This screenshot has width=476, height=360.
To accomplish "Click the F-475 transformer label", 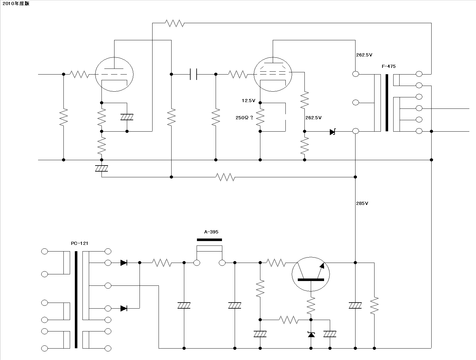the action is [x=388, y=66].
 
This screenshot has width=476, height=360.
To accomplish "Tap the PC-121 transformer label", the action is [x=80, y=243].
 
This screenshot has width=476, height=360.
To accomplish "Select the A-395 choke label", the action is [x=211, y=232].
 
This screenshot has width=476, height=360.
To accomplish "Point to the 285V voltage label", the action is [x=362, y=203].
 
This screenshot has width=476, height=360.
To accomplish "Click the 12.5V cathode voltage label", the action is [x=249, y=101].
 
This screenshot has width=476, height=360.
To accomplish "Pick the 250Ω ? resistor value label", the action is [x=245, y=118].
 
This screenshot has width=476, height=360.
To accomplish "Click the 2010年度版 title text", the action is [x=16, y=3].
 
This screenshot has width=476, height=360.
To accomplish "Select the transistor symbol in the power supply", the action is [x=311, y=274].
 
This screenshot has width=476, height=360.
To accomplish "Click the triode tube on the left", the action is [x=114, y=75].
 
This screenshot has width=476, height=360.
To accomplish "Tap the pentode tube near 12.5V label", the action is [x=273, y=75].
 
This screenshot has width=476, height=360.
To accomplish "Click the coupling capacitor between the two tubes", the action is [x=193, y=74].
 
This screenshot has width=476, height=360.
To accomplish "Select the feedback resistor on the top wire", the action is [x=174, y=23].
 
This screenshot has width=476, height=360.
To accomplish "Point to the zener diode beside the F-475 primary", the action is [x=333, y=132].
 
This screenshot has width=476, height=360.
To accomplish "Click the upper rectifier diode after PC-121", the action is [x=124, y=263].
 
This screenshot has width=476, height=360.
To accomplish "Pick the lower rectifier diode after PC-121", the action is [x=124, y=308].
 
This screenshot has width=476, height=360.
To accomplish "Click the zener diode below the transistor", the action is [x=311, y=335].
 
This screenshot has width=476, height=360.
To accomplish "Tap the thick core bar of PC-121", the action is [x=76, y=300].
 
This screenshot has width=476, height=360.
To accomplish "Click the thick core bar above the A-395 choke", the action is [x=209, y=240].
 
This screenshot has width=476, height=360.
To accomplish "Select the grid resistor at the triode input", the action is [x=79, y=75].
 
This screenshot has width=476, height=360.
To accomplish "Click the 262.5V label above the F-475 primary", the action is [x=364, y=55].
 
